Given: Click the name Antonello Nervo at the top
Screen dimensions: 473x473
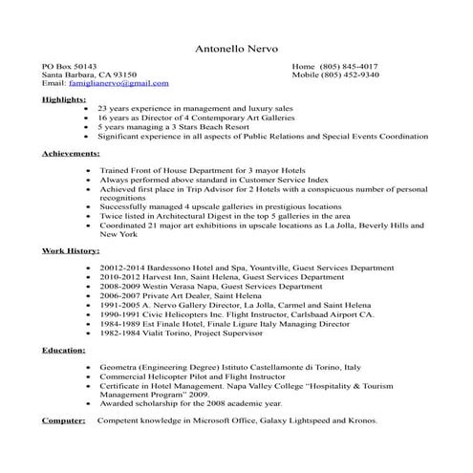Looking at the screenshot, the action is [236, 48].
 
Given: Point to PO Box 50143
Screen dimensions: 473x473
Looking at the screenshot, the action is [69, 65].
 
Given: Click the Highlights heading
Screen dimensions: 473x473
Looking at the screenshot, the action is [64, 99].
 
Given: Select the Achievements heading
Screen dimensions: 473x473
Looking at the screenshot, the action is [71, 153].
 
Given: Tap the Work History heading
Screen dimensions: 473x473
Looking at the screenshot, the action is [71, 250].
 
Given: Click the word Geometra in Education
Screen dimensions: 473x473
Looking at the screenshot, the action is [119, 367].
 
